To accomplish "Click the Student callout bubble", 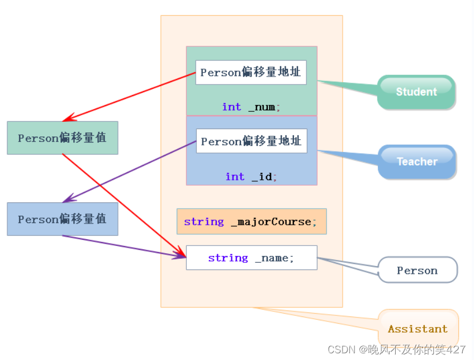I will (x=416, y=92).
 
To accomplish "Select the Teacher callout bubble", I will (x=417, y=162).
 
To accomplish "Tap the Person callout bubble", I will (x=418, y=271).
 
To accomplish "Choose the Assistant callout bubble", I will (x=418, y=329).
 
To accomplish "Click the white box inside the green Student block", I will (x=251, y=72).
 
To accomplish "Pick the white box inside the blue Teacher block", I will (x=252, y=141).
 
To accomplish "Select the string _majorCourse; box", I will (x=252, y=221).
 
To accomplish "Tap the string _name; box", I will (x=252, y=258).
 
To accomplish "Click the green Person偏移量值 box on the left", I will (x=62, y=138).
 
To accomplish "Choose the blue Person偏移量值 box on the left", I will (x=62, y=219).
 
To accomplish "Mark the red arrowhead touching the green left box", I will (x=68, y=119).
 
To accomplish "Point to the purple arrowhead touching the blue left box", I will (x=68, y=199).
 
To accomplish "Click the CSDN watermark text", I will (x=396, y=349).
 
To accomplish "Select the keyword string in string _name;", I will (x=228, y=258).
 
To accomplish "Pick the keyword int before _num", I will (x=231, y=107).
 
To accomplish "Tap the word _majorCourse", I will (x=274, y=221).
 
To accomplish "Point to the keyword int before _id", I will (x=235, y=177).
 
